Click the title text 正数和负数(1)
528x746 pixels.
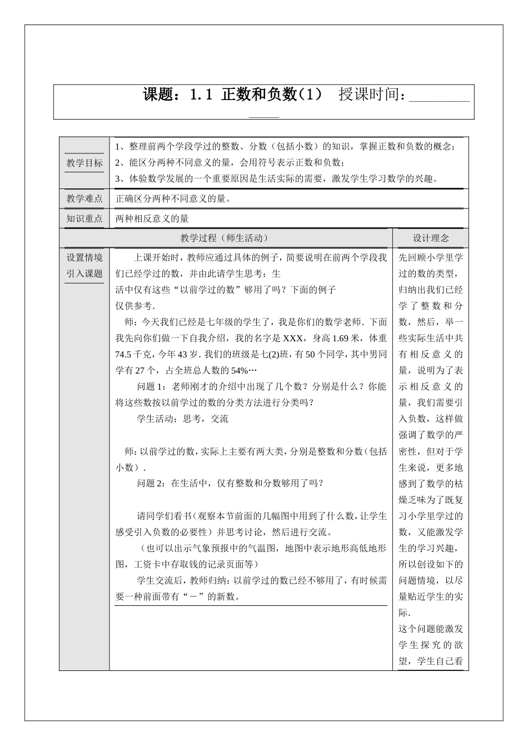[272, 95]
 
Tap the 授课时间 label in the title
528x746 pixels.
[371, 95]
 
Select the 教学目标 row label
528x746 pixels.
[84, 163]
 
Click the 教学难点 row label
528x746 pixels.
[84, 198]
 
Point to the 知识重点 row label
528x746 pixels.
[84, 218]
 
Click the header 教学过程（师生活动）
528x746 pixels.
[225, 238]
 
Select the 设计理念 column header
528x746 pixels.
[430, 238]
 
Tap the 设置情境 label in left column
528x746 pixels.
[84, 257]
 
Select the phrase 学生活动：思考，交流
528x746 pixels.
[182, 419]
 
